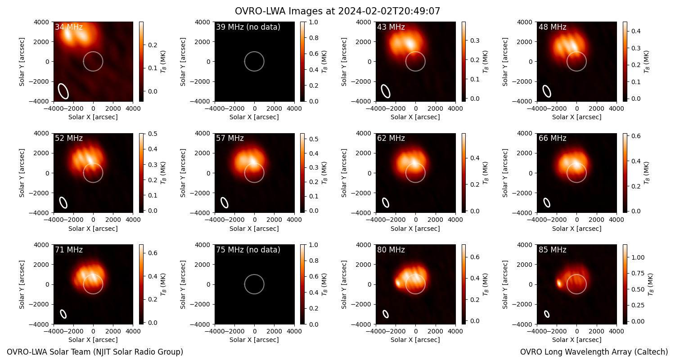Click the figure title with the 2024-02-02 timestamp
click(x=337, y=11)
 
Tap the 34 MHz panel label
click(x=69, y=27)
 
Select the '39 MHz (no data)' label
click(x=248, y=27)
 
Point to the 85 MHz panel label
click(x=552, y=250)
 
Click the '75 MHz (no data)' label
click(x=248, y=250)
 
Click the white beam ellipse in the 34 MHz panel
click(x=63, y=91)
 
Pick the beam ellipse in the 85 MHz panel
click(x=547, y=314)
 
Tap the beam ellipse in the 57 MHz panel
click(x=225, y=203)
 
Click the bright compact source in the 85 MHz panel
click(x=559, y=283)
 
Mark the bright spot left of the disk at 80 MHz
click(x=398, y=283)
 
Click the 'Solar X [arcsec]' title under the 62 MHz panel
click(x=415, y=229)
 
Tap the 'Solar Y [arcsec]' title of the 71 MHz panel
click(x=22, y=285)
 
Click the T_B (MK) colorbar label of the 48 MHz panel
click(x=647, y=62)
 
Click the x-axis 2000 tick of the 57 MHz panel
click(x=274, y=220)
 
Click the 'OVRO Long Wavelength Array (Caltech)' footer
click(x=594, y=352)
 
